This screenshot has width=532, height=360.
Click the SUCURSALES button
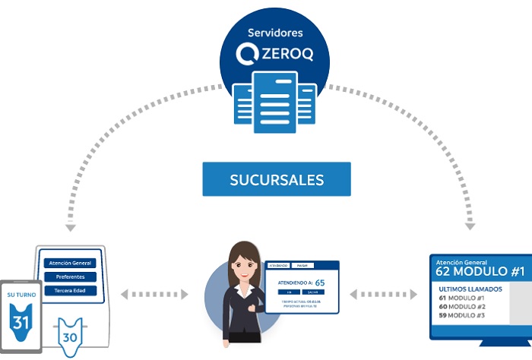point(277,180)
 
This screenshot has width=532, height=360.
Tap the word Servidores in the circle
point(275,33)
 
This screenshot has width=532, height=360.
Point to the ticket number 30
point(70,336)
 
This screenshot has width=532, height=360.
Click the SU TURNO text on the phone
point(21,294)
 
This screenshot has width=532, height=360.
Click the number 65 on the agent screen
point(320,282)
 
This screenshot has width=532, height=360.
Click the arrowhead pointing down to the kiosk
point(71,227)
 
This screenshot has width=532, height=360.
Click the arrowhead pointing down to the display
point(470,226)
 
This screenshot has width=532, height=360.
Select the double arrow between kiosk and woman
point(154,293)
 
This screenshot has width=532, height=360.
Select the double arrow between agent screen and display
point(384,293)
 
